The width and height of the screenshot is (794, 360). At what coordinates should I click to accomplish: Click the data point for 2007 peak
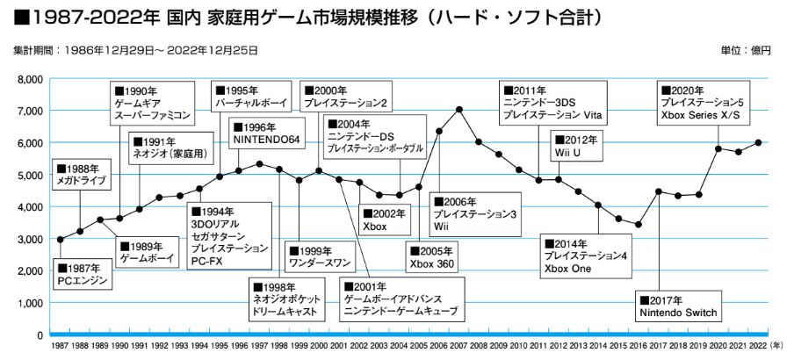click(x=459, y=110)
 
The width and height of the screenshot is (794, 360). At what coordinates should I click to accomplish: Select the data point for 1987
click(x=60, y=240)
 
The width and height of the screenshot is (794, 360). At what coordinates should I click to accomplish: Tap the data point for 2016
click(x=639, y=225)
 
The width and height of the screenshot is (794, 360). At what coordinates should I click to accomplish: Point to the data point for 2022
click(x=758, y=142)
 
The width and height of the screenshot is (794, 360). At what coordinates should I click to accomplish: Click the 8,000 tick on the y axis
click(x=30, y=79)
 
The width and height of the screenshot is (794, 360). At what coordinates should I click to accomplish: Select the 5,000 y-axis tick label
click(x=30, y=175)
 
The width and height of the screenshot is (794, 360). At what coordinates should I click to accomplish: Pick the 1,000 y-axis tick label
click(x=30, y=303)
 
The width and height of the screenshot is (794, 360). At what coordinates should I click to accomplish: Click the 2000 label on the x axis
click(x=319, y=348)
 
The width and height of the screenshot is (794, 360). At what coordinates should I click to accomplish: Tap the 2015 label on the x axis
click(x=618, y=348)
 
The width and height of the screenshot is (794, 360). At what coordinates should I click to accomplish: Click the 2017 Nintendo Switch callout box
click(x=679, y=306)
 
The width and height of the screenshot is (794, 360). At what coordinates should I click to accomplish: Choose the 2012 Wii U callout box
click(x=577, y=146)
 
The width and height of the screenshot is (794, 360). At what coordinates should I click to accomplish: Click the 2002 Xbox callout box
click(x=385, y=220)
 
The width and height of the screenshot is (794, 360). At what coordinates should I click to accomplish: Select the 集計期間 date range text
click(x=136, y=51)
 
